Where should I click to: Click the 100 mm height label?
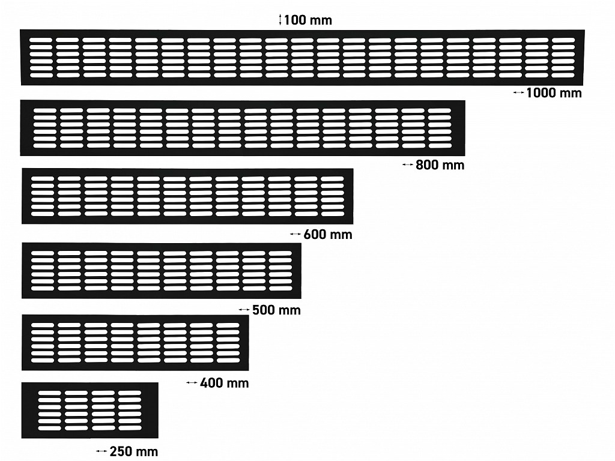tap(308, 20)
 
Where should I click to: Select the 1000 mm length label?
tap(554, 93)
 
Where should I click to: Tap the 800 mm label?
tap(440, 165)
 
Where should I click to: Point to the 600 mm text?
tap(328, 235)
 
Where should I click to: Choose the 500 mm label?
tap(276, 310)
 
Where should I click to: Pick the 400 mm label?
tap(225, 382)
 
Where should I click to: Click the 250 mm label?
tap(134, 451)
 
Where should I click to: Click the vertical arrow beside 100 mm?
tap(280, 20)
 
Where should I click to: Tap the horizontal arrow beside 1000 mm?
tap(518, 92)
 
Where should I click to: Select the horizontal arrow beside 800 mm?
tap(408, 164)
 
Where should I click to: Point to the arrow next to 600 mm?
tap(295, 234)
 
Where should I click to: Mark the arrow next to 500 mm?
tap(244, 310)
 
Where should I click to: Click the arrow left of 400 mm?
tap(192, 382)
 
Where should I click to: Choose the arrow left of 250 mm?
tap(101, 451)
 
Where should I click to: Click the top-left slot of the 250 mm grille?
tap(50, 393)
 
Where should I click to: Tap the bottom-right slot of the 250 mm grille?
tap(130, 428)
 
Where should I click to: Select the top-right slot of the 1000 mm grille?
tap(563, 40)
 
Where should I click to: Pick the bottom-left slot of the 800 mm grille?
tap(45, 145)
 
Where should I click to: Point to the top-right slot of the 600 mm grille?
tap(333, 179)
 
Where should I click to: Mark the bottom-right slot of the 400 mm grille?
tap(228, 360)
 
